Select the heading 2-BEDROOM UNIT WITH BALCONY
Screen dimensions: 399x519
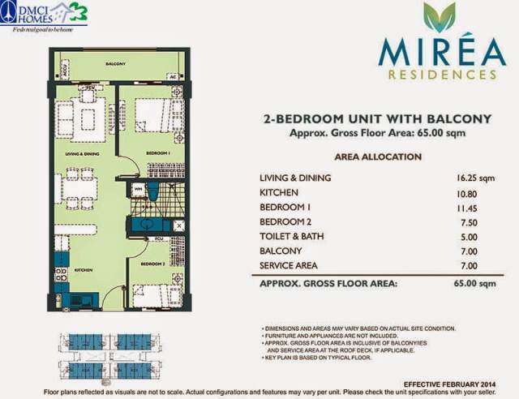pyautogui.click(x=378, y=119)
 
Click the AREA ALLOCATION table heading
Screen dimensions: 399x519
pyautogui.click(x=376, y=157)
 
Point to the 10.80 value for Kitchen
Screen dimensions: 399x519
pyautogui.click(x=467, y=192)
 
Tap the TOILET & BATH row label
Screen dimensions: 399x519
pyautogui.click(x=293, y=236)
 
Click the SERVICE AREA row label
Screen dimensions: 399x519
pyautogui.click(x=290, y=265)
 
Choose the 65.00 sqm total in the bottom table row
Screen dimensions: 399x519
pyautogui.click(x=475, y=284)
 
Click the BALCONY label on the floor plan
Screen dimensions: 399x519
pyautogui.click(x=117, y=62)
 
